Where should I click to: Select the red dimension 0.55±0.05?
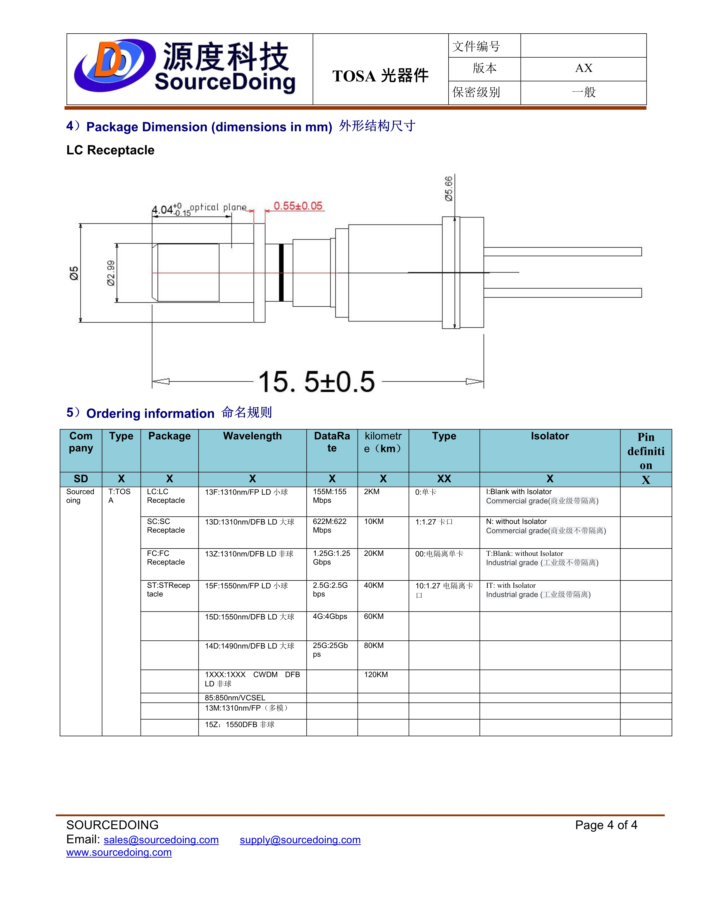(298, 206)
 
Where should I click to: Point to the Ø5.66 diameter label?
(448, 189)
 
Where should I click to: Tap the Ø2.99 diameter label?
(111, 273)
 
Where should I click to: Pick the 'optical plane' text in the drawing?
(218, 207)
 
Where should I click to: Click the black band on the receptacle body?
(281, 273)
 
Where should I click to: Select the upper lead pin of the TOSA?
(563, 252)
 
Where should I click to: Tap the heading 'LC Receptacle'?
(110, 150)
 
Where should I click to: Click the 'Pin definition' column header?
(645, 451)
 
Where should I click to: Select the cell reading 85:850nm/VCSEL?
(235, 698)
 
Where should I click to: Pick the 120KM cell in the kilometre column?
(375, 675)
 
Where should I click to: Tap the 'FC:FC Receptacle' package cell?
(166, 557)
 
